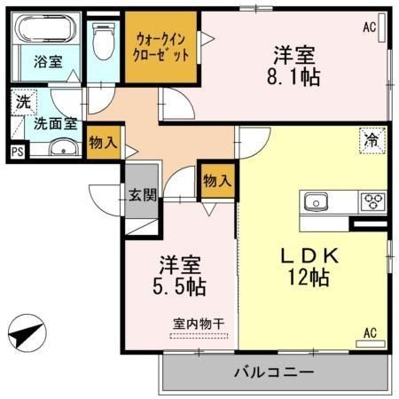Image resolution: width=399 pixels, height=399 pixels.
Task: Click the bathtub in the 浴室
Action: (46, 29)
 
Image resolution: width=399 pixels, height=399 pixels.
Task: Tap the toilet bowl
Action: (103, 41)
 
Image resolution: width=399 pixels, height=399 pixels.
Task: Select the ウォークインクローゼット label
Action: (161, 47)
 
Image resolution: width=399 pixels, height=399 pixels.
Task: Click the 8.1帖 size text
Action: (293, 77)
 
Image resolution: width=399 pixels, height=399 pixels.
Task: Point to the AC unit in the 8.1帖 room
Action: (382, 27)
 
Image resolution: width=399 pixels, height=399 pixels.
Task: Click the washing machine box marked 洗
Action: (24, 102)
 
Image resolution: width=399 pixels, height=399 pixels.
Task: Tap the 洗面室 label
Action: (56, 123)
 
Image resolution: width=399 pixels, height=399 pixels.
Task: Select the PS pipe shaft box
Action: (18, 152)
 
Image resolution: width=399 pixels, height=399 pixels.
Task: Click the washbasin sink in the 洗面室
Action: (64, 147)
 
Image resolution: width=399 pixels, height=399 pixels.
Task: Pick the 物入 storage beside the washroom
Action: (104, 143)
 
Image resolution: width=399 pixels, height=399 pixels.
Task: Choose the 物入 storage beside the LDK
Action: (217, 180)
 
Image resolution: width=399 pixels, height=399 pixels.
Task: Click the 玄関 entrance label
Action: (143, 195)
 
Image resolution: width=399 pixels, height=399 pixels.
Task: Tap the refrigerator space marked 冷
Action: (372, 140)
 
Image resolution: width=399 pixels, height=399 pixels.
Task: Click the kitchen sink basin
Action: (316, 202)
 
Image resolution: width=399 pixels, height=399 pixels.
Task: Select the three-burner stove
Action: (372, 202)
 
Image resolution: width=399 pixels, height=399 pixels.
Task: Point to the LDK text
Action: (309, 256)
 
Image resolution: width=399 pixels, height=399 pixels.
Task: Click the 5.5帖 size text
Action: (179, 287)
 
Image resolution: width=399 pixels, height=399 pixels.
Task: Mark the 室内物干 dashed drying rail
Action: (199, 336)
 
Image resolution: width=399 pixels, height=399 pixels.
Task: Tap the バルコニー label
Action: (274, 372)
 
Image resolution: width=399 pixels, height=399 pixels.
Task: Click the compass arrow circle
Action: (27, 333)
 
